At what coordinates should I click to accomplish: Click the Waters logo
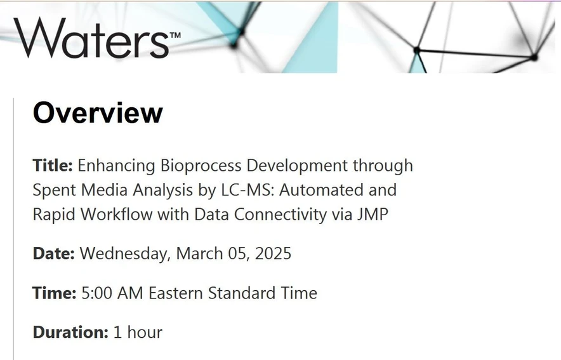(x=91, y=37)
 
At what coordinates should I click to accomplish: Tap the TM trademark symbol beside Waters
(x=175, y=35)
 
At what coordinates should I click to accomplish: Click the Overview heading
(x=98, y=113)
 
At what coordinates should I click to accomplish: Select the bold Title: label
(x=53, y=166)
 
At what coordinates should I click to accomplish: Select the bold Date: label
(x=54, y=253)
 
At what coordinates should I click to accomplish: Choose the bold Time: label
(x=55, y=293)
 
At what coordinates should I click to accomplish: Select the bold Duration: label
(x=70, y=331)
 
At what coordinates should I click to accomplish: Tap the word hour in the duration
(x=144, y=331)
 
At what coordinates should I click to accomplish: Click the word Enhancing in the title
(x=115, y=166)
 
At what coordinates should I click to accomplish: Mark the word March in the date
(x=199, y=253)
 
